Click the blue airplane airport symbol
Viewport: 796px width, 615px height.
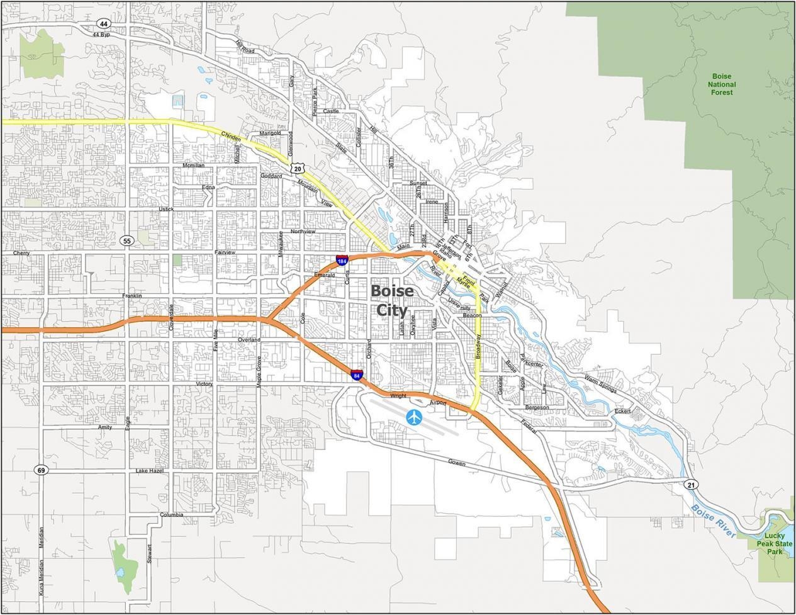414,417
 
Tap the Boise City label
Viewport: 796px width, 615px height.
392,300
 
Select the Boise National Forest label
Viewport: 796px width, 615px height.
722,84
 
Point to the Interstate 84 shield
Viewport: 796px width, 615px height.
357,376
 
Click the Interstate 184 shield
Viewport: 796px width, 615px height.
342,261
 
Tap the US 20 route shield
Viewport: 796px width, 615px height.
298,169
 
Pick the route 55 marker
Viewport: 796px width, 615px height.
127,241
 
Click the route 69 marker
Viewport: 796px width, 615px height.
41,470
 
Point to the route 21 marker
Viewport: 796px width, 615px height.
692,484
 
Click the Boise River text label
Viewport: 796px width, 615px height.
713,521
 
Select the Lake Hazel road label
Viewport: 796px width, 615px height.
150,471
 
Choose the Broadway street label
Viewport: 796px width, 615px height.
478,347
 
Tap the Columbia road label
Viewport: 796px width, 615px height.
171,515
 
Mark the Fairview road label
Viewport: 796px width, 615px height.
225,252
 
